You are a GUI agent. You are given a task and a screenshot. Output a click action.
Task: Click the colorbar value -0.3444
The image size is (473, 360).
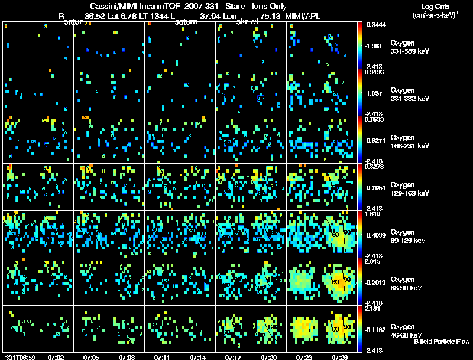point(376,25)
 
